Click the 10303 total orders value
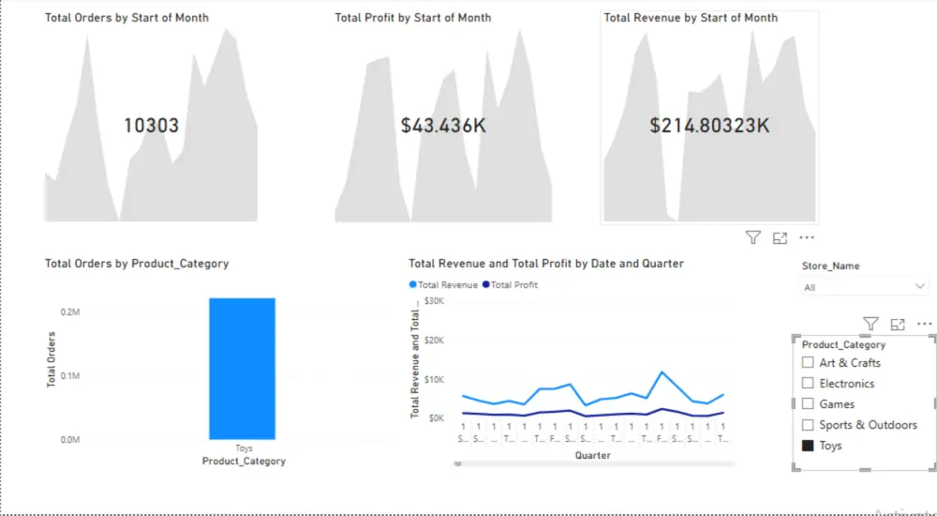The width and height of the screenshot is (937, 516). (x=151, y=126)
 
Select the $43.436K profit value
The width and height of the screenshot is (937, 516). (x=443, y=126)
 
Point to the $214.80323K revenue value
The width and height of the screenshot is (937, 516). (x=709, y=126)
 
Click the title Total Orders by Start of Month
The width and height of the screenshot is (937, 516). (x=126, y=18)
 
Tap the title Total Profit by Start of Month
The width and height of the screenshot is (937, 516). (x=412, y=18)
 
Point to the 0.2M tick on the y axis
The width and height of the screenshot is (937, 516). (x=71, y=311)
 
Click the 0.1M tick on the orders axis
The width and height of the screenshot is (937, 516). (x=71, y=376)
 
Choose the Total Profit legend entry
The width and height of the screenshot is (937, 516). (x=511, y=285)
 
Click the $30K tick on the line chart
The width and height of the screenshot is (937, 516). (x=434, y=301)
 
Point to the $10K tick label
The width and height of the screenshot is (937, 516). (x=434, y=379)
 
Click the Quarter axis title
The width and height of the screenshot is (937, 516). (x=592, y=456)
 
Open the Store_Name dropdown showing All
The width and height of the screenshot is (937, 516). (x=864, y=287)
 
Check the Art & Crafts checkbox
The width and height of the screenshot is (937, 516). (x=808, y=363)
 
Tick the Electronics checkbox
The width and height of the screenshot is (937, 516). (x=808, y=384)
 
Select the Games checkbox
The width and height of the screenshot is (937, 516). (x=808, y=404)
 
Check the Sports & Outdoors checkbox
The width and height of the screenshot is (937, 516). (x=808, y=425)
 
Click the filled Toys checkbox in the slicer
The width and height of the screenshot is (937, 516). (x=808, y=446)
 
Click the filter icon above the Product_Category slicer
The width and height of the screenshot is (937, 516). (x=870, y=324)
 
